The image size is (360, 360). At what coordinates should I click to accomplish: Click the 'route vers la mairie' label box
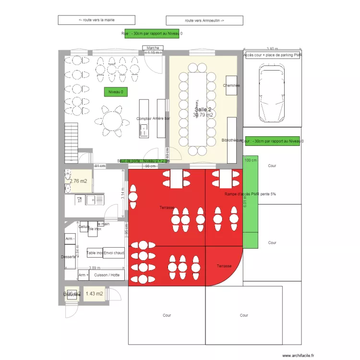[x=96, y=20]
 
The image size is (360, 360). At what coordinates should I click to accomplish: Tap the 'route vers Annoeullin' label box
[x=204, y=20]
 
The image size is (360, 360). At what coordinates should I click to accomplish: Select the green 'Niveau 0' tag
[x=116, y=92]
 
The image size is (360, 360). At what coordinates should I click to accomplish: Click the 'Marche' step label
[x=153, y=48]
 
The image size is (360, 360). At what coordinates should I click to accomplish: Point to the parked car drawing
[x=272, y=94]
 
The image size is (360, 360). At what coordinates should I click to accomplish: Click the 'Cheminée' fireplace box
[x=231, y=85]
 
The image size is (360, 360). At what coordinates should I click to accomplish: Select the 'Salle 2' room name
[x=203, y=109]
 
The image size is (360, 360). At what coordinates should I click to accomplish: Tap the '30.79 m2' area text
[x=203, y=115]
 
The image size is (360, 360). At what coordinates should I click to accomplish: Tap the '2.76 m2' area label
[x=78, y=181]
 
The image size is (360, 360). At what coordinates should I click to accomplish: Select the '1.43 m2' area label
[x=94, y=293]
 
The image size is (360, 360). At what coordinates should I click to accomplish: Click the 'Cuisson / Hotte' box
[x=107, y=275]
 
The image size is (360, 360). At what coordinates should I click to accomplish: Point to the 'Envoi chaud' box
[x=114, y=253]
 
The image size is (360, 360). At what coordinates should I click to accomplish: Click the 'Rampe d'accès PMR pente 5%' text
[x=250, y=194]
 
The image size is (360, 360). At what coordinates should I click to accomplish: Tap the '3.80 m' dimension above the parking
[x=272, y=49]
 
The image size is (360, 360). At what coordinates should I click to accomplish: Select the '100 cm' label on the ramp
[x=251, y=160]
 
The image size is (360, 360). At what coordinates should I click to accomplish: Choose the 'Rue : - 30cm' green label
[x=152, y=34]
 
